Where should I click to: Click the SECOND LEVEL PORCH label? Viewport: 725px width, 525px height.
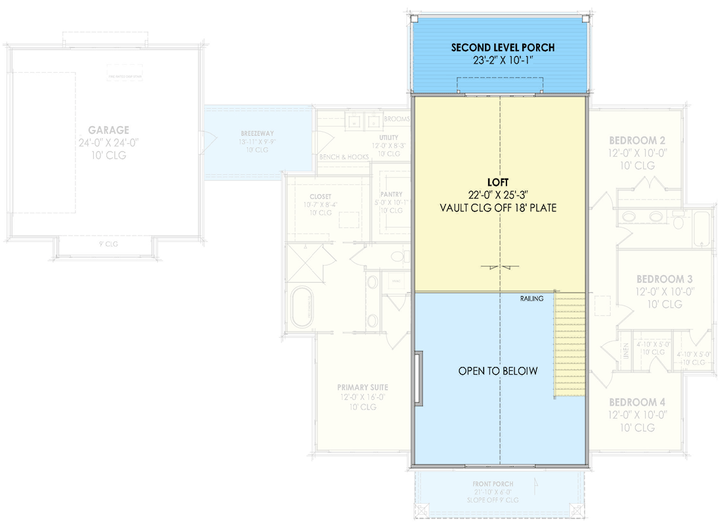click(503, 48)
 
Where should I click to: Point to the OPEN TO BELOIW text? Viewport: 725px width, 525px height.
click(498, 371)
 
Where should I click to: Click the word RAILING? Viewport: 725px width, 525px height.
click(531, 299)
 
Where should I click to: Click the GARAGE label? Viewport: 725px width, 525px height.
click(109, 131)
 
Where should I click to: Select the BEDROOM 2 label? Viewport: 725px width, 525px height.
click(637, 140)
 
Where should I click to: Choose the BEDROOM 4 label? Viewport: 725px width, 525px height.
click(637, 402)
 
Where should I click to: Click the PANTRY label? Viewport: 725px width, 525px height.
click(391, 195)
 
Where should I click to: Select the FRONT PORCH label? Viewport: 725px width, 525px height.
click(493, 484)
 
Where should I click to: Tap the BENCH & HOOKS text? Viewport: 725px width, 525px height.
click(343, 157)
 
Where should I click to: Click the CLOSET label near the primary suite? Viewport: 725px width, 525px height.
click(321, 197)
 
